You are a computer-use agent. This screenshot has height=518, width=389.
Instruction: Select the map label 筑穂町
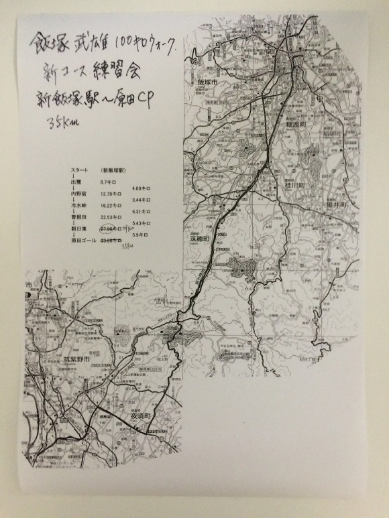click(199, 239)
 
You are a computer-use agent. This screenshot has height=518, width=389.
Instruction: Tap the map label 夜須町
click(137, 415)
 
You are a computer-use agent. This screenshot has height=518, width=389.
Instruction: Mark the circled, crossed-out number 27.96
click(109, 229)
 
